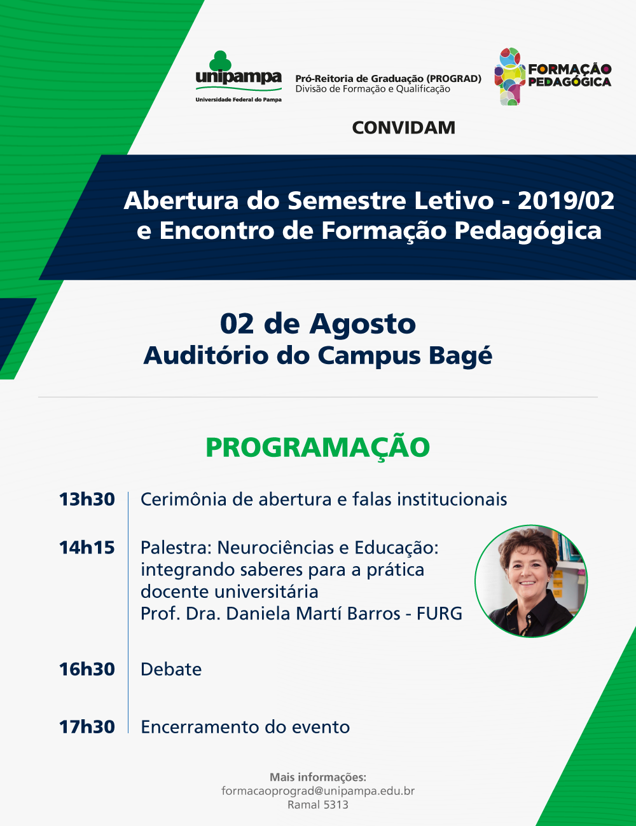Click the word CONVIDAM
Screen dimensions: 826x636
pyautogui.click(x=403, y=128)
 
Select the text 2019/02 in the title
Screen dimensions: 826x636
pyautogui.click(x=565, y=201)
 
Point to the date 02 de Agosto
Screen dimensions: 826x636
pyautogui.click(x=318, y=324)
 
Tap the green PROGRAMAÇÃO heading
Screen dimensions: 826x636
pyautogui.click(x=317, y=447)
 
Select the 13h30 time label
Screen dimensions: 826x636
pyautogui.click(x=87, y=499)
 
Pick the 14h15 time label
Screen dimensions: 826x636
pyautogui.click(x=87, y=548)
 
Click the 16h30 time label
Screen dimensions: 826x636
pyautogui.click(x=87, y=670)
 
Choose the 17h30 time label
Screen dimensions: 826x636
pyautogui.click(x=87, y=728)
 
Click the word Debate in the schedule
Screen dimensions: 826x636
pyautogui.click(x=171, y=670)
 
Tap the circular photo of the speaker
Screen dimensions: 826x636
pyautogui.click(x=531, y=581)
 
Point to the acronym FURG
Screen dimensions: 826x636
pyautogui.click(x=439, y=614)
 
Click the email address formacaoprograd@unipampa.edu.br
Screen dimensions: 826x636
pyautogui.click(x=318, y=791)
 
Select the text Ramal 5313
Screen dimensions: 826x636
pyautogui.click(x=318, y=805)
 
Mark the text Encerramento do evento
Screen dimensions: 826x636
pyautogui.click(x=245, y=728)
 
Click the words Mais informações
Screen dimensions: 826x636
pyautogui.click(x=318, y=777)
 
